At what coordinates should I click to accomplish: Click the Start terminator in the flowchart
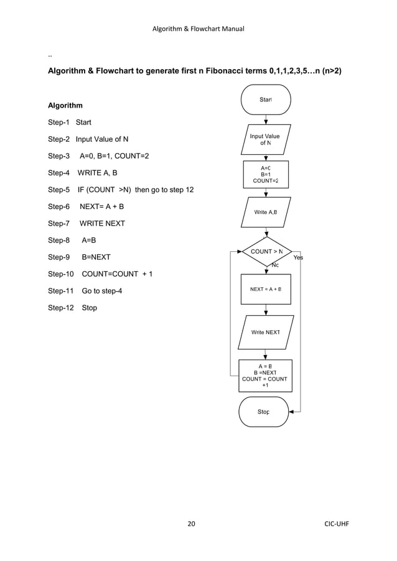(x=266, y=100)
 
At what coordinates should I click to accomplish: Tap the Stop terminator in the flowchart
(x=264, y=412)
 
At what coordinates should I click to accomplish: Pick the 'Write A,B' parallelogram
(x=265, y=212)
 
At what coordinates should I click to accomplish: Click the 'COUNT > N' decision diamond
(x=266, y=252)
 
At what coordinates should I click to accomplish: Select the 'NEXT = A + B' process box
(x=265, y=289)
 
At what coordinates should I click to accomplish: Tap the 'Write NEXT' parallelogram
(x=265, y=333)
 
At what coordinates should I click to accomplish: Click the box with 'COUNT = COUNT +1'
(x=265, y=375)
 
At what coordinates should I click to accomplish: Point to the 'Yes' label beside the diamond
(x=298, y=257)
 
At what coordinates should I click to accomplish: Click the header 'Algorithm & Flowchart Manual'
(x=198, y=29)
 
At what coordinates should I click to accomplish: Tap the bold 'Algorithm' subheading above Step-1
(x=65, y=106)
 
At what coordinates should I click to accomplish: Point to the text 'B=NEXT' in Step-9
(x=96, y=257)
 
